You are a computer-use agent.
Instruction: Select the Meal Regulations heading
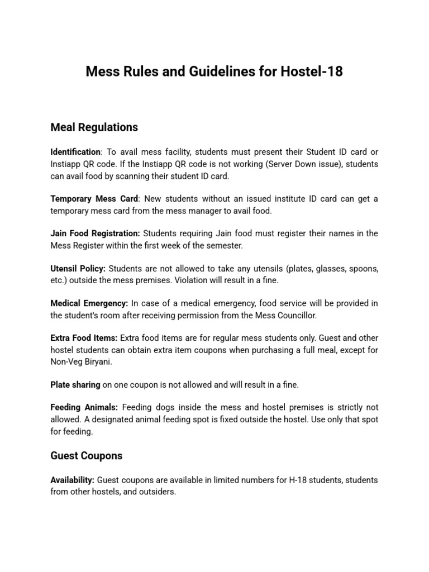click(x=94, y=127)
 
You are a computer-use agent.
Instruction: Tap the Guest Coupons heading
click(x=86, y=456)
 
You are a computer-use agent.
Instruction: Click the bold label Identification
click(x=75, y=152)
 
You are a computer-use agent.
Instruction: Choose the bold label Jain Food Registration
click(x=96, y=233)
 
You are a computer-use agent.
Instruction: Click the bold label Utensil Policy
click(x=78, y=269)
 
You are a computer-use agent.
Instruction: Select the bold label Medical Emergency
click(x=89, y=303)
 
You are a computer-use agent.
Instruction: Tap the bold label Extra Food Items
click(x=84, y=338)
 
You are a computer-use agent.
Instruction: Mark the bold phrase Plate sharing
click(x=75, y=385)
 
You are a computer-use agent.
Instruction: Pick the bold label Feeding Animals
click(x=84, y=408)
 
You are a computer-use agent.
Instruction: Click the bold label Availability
click(x=73, y=480)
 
